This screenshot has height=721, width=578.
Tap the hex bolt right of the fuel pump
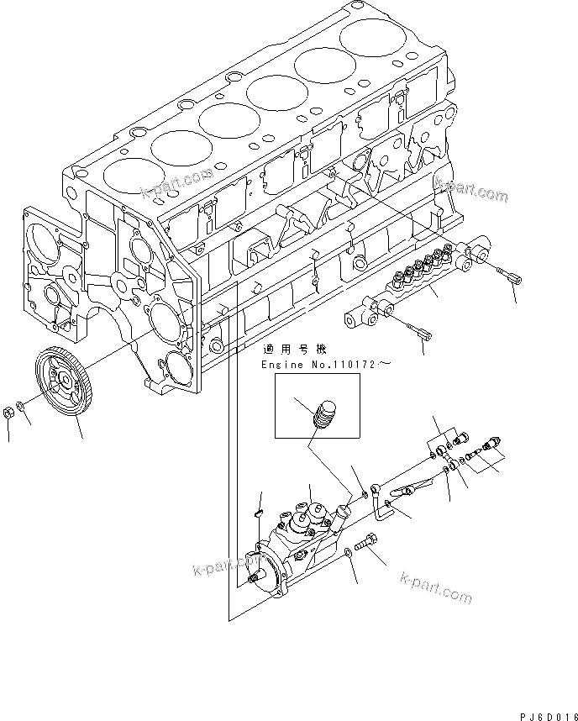click(x=370, y=544)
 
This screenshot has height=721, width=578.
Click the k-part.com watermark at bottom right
click(x=436, y=588)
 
